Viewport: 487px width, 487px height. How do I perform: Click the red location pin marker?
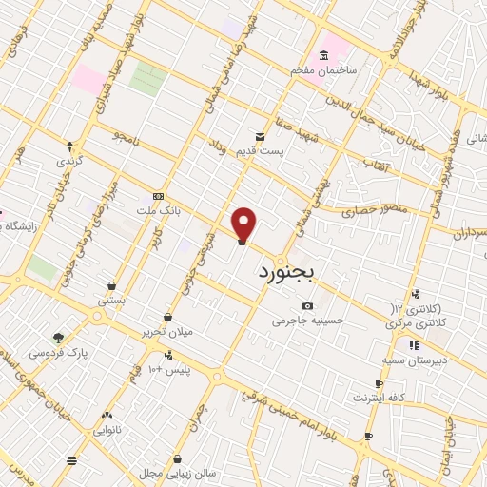[244, 224]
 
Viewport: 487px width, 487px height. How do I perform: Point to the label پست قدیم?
[261, 155]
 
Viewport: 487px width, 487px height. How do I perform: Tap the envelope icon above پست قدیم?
[259, 137]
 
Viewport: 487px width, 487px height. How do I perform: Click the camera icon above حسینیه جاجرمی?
[306, 305]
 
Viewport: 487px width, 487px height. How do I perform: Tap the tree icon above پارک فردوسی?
[59, 337]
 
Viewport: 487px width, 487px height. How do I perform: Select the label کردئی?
[70, 161]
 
